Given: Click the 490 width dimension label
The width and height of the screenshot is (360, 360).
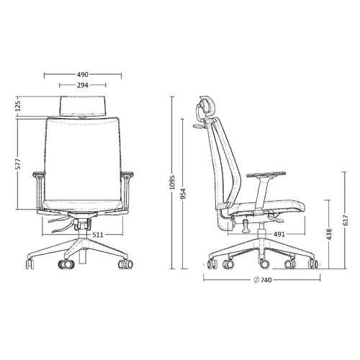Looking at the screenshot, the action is click(83, 75).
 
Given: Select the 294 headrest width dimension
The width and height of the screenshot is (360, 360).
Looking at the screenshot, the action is click(83, 85).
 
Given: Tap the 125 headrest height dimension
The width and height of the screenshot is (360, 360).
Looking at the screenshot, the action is click(18, 106).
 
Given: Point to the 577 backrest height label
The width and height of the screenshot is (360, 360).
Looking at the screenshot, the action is click(18, 164).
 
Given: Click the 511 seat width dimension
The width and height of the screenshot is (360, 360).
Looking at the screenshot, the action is click(98, 235).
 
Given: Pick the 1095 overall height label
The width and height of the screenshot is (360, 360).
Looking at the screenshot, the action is click(172, 182).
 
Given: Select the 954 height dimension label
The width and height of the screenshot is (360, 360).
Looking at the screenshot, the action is click(183, 194).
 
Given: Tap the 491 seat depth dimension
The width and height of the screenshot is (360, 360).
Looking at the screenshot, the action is click(279, 234).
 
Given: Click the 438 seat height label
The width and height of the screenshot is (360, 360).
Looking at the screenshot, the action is click(329, 234).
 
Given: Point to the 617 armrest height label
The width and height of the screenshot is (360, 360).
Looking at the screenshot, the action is click(345, 220).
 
